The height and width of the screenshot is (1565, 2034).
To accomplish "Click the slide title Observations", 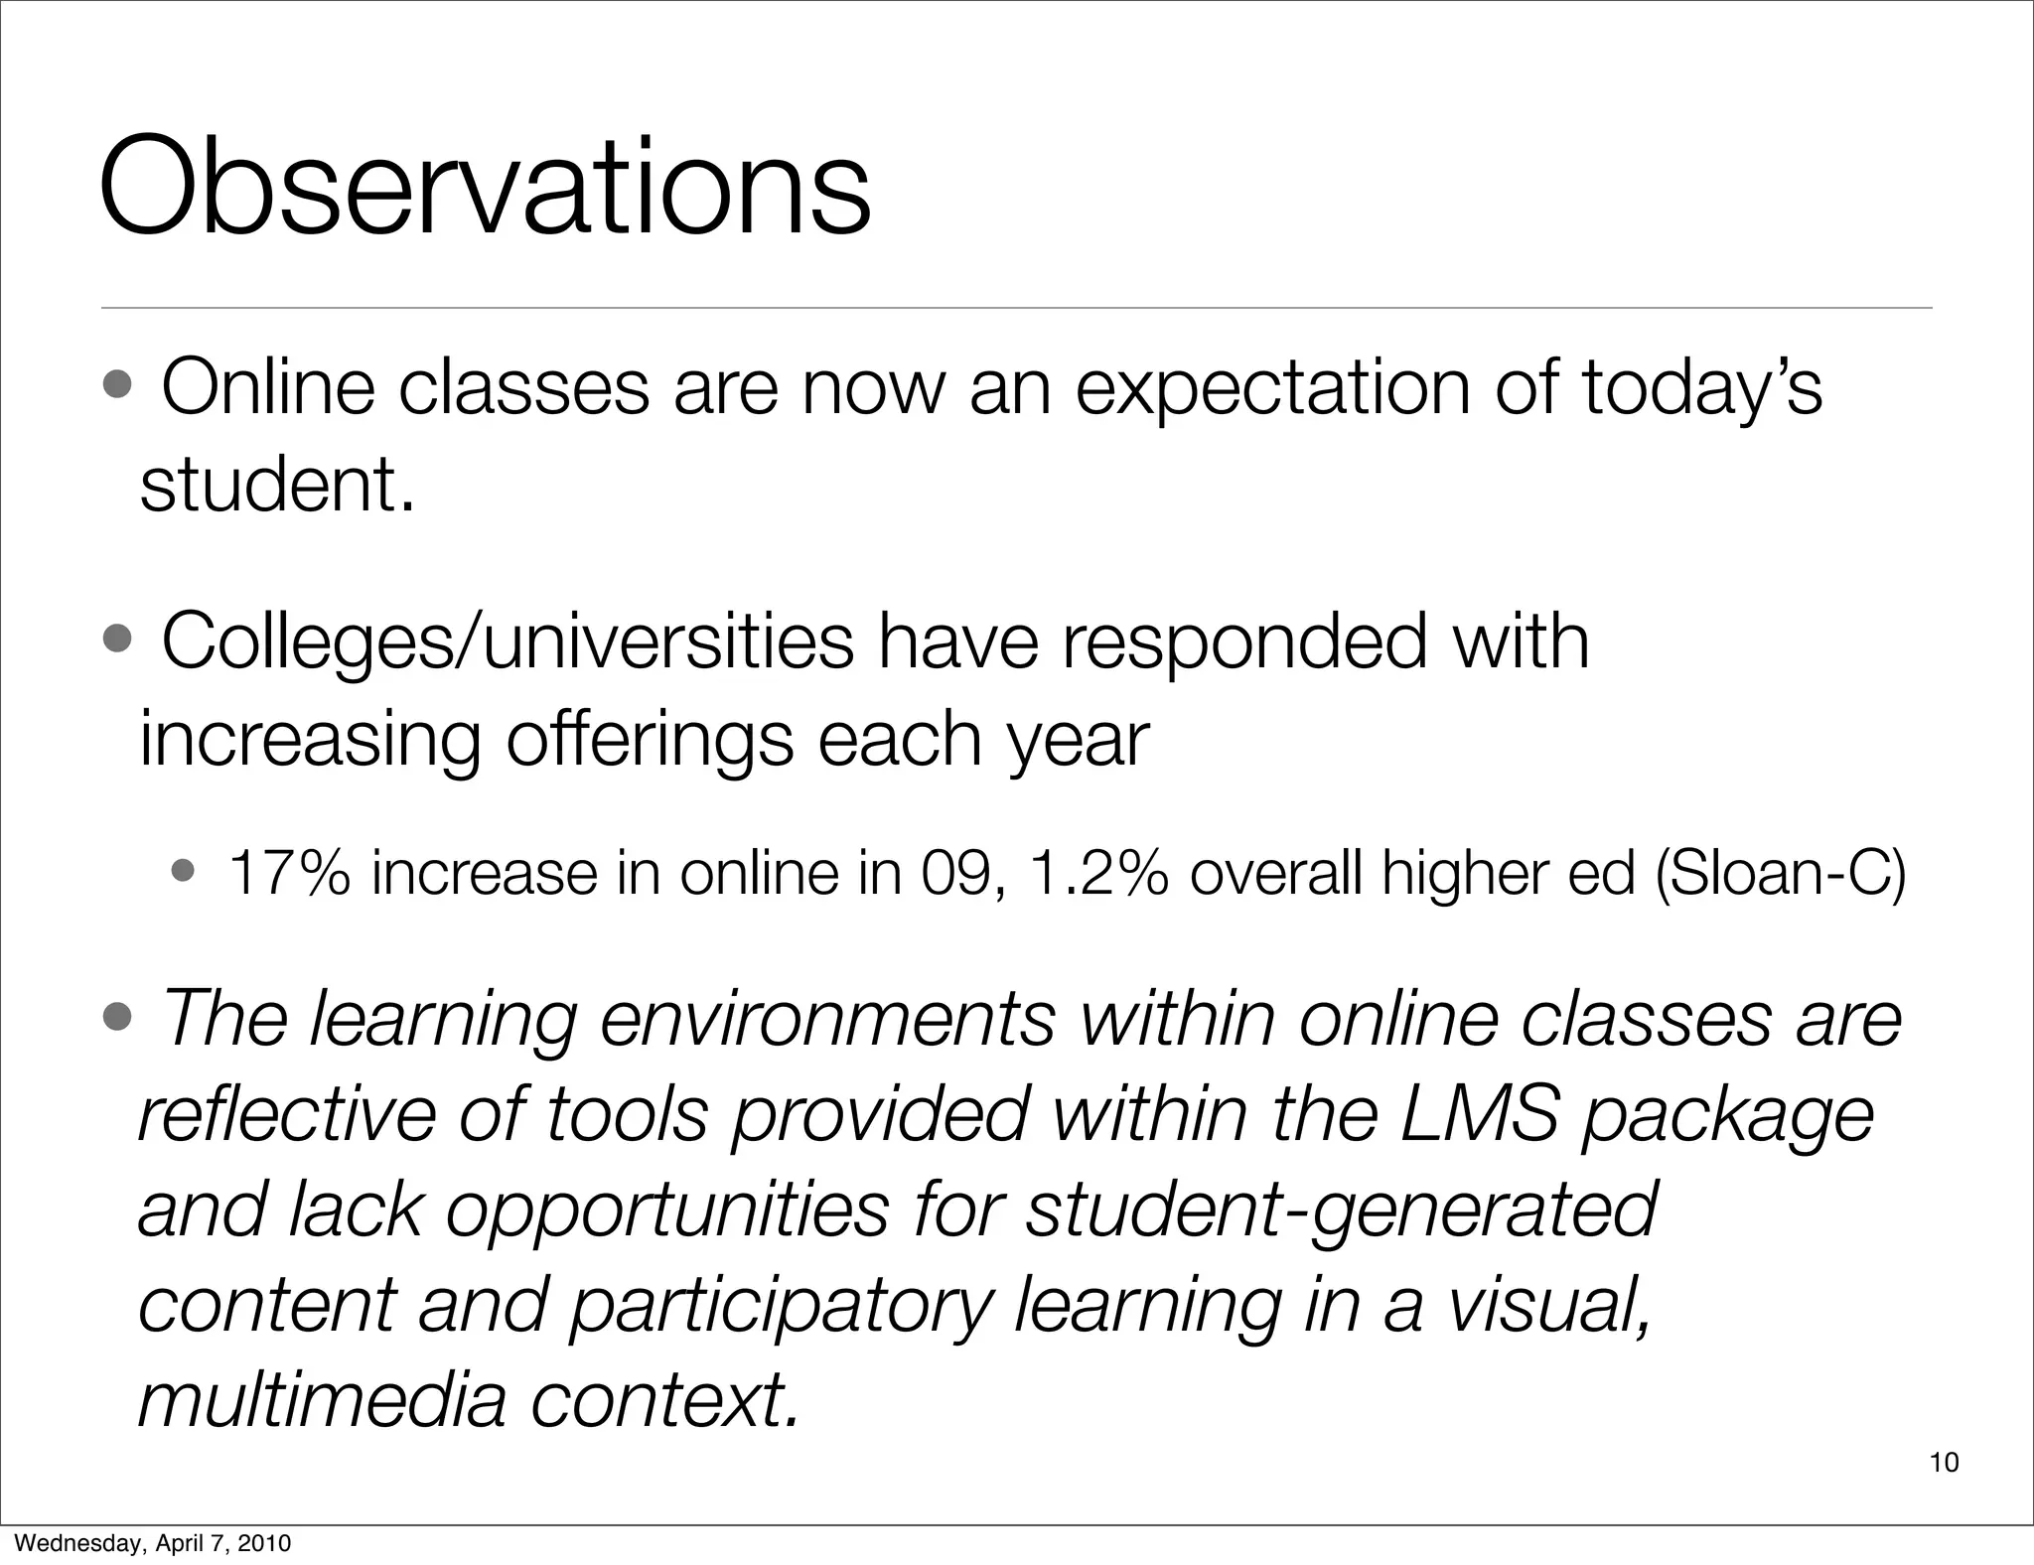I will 485,189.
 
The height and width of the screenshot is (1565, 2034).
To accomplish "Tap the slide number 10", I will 1944,1462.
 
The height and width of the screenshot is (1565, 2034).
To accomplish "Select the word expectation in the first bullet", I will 1272,388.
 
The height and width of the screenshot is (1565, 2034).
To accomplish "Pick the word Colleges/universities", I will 507,642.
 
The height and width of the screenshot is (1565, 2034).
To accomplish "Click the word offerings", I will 650,740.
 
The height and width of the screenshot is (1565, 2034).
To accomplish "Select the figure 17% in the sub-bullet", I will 289,873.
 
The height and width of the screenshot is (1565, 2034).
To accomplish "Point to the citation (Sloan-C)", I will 1781,873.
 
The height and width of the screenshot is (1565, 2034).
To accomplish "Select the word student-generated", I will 1340,1210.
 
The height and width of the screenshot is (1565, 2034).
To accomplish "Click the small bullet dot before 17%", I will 184,872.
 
